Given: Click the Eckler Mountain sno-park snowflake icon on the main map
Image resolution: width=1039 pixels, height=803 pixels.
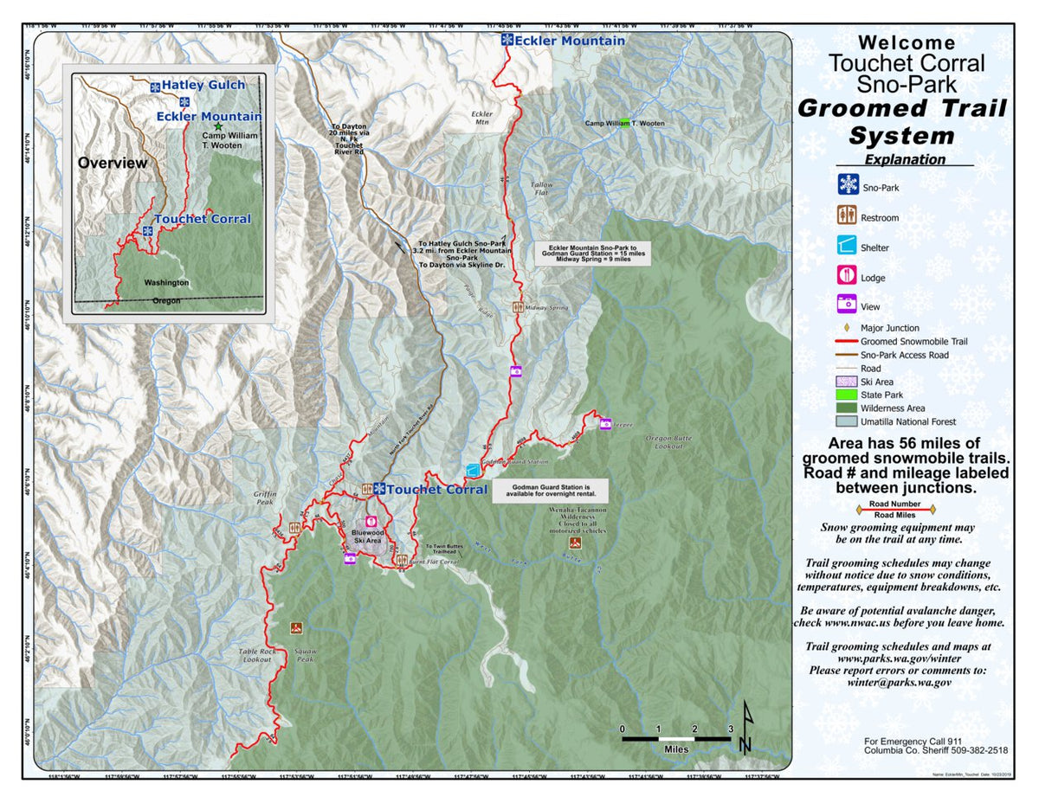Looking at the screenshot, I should coord(507,41).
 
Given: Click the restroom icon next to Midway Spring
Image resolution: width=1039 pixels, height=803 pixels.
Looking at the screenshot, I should coord(518,307).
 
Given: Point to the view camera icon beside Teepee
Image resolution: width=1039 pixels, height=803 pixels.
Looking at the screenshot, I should coord(605,424).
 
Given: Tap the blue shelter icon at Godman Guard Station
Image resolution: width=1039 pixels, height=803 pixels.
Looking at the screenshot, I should coord(473,470).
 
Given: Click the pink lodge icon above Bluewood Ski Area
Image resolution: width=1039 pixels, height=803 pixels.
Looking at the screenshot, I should coord(371,522).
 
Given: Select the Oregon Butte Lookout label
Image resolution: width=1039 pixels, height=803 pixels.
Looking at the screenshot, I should coord(668,442).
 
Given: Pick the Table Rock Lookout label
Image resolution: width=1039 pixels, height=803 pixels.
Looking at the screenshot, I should coord(257,655).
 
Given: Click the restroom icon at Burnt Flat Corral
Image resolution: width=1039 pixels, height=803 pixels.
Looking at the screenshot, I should coord(402,561).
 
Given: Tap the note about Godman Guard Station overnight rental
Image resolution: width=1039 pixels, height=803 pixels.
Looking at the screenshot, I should coord(550,491).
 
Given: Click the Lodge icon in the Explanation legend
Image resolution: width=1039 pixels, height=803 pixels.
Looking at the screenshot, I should coord(848,277).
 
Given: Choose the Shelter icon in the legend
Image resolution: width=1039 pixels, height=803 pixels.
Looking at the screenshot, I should coord(848,247).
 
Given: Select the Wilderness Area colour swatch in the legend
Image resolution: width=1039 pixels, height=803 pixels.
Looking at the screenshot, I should coord(848,408).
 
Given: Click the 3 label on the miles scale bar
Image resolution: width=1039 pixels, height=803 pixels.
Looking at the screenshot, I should coord(731,729).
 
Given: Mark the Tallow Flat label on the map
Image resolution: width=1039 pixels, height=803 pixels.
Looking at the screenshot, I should coord(541,190).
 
